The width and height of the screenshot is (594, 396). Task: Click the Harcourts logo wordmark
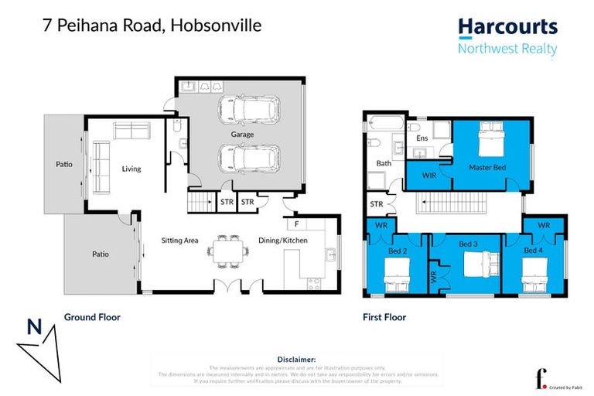pyautogui.click(x=507, y=27)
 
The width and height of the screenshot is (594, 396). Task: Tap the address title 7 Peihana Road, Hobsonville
pyautogui.click(x=152, y=26)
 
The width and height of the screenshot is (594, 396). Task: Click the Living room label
pyautogui.click(x=131, y=169)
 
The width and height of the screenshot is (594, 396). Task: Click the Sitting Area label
pyautogui.click(x=179, y=241)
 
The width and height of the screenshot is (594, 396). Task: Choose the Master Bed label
pyautogui.click(x=487, y=167)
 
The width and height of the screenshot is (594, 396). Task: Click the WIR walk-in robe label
pyautogui.click(x=429, y=176)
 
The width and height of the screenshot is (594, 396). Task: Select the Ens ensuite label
pyautogui.click(x=422, y=138)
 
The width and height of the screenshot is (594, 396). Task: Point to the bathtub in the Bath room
pyautogui.click(x=383, y=123)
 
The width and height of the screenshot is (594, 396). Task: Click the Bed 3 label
pyautogui.click(x=468, y=244)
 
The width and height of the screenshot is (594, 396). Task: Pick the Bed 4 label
pyautogui.click(x=533, y=251)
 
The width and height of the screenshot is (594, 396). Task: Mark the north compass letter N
pyautogui.click(x=34, y=327)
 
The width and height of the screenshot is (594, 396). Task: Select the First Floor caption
pyautogui.click(x=384, y=317)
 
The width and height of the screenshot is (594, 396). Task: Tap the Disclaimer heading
pyautogui.click(x=296, y=360)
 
